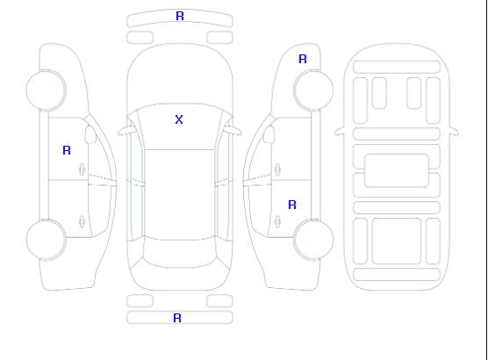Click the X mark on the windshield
tap(179, 119)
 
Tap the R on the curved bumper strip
tap(180, 16)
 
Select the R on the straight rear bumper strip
tap(177, 318)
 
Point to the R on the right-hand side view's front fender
tap(303, 59)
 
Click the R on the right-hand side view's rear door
tap(292, 205)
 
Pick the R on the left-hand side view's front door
tap(67, 150)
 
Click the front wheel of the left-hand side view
tap(46, 90)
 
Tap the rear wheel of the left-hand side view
tap(46, 240)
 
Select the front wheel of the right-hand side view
tap(313, 90)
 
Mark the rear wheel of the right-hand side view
tap(313, 240)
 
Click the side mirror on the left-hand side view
tap(90, 134)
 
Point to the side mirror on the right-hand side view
tap(269, 134)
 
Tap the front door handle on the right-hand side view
tap(277, 169)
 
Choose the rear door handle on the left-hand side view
tap(82, 221)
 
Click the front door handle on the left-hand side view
tap(82, 169)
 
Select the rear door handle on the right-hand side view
tap(277, 221)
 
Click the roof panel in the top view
tap(180, 195)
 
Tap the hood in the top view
tap(180, 75)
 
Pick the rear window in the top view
tap(180, 253)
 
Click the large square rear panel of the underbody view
tap(397, 241)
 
